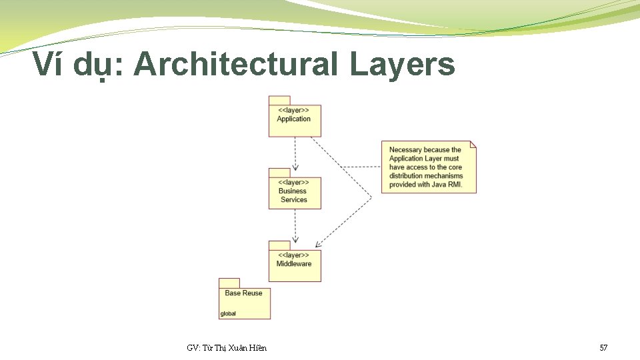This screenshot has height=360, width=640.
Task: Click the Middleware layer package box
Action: pos(294,265)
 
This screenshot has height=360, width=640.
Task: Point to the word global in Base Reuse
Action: pos(228,314)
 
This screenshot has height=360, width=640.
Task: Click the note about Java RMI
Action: pos(428,167)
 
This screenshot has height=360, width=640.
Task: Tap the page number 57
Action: pos(603,347)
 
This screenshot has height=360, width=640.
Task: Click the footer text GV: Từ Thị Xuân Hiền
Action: pos(227,347)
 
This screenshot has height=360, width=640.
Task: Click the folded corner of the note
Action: pos(473,144)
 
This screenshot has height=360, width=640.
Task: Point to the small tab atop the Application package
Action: pos(279,101)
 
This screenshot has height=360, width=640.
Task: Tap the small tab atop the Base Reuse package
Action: pos(229,283)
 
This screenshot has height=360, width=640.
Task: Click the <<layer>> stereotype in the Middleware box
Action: pos(293,255)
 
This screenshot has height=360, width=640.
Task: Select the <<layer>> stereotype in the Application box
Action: pos(293,110)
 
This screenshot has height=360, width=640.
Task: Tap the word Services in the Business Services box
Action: pos(294,199)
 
